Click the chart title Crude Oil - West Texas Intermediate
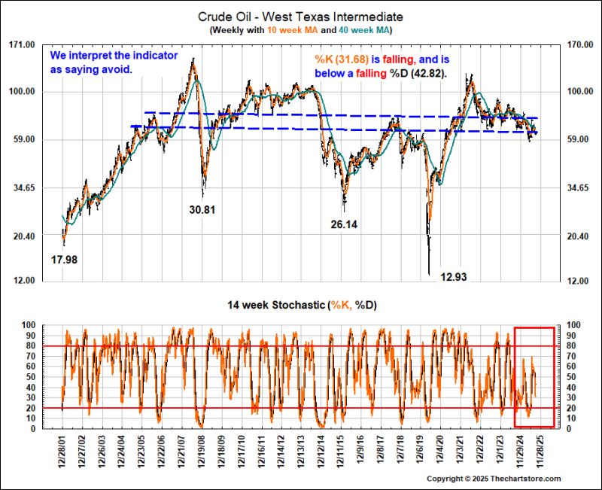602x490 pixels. click(x=301, y=16)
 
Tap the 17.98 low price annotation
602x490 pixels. click(x=65, y=260)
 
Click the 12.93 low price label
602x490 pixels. click(x=454, y=277)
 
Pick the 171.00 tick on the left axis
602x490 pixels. click(x=23, y=44)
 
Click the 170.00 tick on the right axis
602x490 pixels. click(x=579, y=44)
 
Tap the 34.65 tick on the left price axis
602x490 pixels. click(x=23, y=187)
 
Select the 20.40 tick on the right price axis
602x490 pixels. click(x=579, y=236)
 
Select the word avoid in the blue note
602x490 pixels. click(x=117, y=69)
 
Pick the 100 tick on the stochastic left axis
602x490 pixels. click(x=28, y=324)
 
